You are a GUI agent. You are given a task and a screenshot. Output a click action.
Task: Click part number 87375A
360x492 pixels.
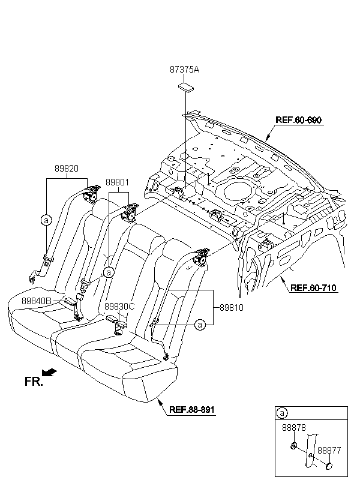click(x=184, y=70)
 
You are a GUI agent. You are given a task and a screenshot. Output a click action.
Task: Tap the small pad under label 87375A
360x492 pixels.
click(x=186, y=87)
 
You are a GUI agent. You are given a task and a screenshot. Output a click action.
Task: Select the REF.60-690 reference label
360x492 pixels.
click(x=298, y=120)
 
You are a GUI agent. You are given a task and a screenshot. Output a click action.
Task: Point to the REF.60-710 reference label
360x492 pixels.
click(x=313, y=288)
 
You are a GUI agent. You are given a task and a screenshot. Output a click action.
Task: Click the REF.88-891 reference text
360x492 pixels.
click(x=192, y=409)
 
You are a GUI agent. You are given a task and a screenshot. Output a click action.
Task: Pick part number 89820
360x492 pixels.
click(x=67, y=169)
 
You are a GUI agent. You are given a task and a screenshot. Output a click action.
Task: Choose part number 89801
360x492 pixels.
click(x=117, y=182)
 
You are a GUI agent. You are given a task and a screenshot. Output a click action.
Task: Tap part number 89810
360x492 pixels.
click(x=232, y=308)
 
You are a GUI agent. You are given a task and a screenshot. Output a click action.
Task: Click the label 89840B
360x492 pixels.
click(x=37, y=301)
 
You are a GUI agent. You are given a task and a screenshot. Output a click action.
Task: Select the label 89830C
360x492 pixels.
click(x=119, y=307)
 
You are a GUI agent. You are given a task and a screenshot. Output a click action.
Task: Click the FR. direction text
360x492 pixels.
click(x=34, y=382)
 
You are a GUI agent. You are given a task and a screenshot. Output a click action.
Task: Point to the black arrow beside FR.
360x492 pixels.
click(x=50, y=372)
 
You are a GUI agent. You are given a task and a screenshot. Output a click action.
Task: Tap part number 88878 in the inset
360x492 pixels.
click(x=294, y=428)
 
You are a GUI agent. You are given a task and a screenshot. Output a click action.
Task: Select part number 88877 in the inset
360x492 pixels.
click(x=329, y=450)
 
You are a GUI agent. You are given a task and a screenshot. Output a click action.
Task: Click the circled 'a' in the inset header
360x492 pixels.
click(x=281, y=413)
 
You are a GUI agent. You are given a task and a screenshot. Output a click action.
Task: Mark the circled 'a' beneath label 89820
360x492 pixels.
click(x=46, y=220)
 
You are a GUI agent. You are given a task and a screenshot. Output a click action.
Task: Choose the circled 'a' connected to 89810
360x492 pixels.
click(x=200, y=325)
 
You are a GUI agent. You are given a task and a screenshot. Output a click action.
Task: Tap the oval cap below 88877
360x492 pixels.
click(x=329, y=466)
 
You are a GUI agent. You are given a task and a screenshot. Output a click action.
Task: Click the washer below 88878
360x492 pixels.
click(x=294, y=446)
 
